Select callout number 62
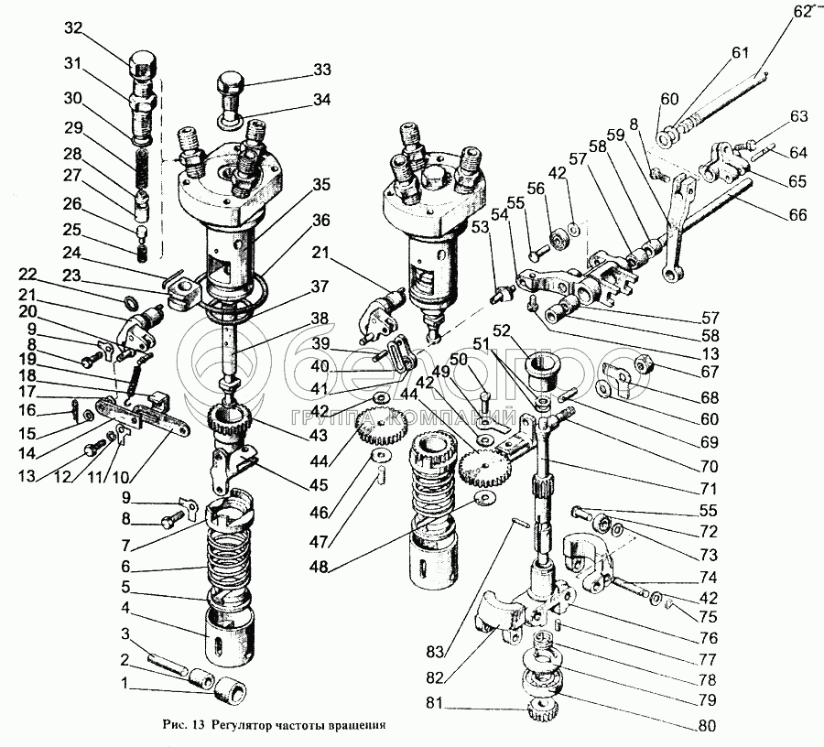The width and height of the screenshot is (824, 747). point(802,12)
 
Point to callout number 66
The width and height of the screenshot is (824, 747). point(797,215)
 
